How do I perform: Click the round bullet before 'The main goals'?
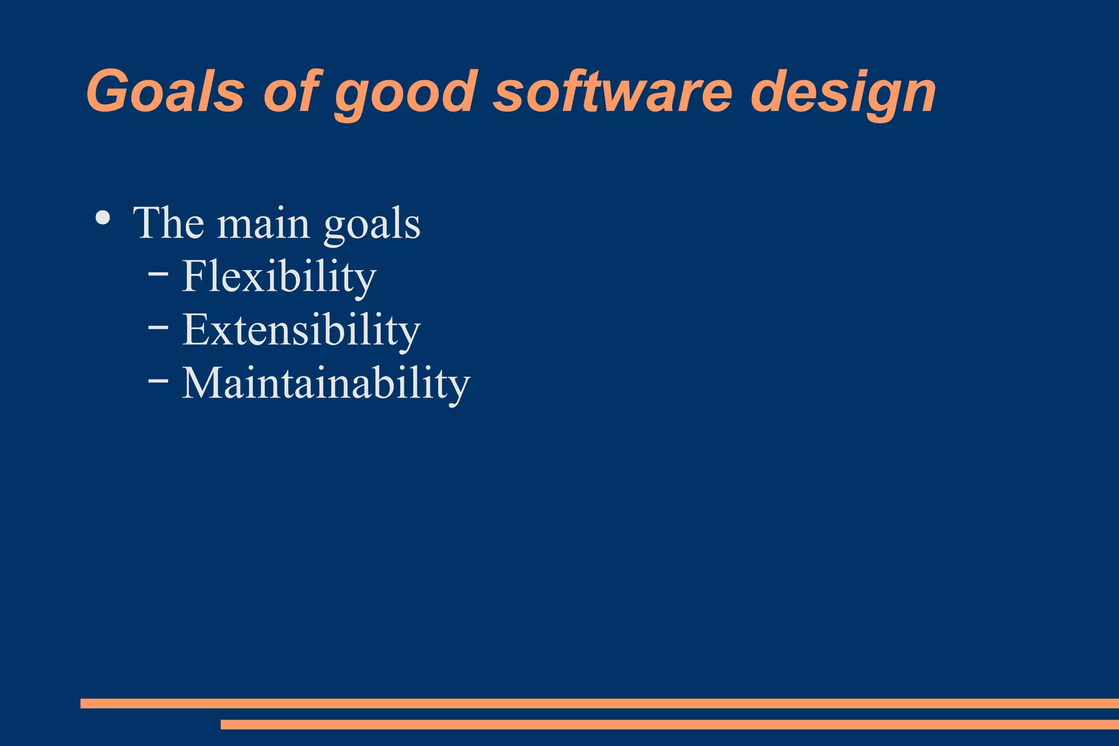pos(103,218)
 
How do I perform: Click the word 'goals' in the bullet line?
pos(372,226)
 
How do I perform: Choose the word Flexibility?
pos(279,277)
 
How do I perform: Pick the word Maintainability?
pos(326,383)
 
